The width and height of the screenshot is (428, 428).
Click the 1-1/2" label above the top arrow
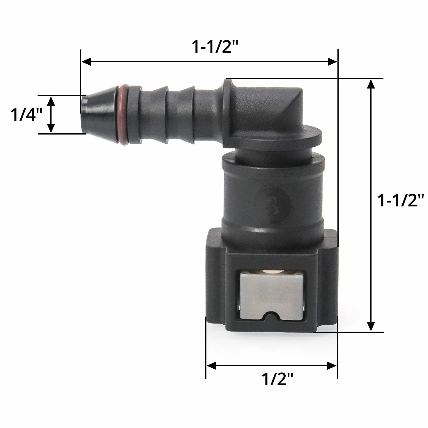coord(215,47)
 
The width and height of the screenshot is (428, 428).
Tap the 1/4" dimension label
coord(26,115)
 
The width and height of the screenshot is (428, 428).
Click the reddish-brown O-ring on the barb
coord(123,115)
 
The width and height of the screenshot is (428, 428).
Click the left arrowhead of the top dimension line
coord(86,62)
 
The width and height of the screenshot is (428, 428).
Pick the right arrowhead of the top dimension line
coord(332,62)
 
